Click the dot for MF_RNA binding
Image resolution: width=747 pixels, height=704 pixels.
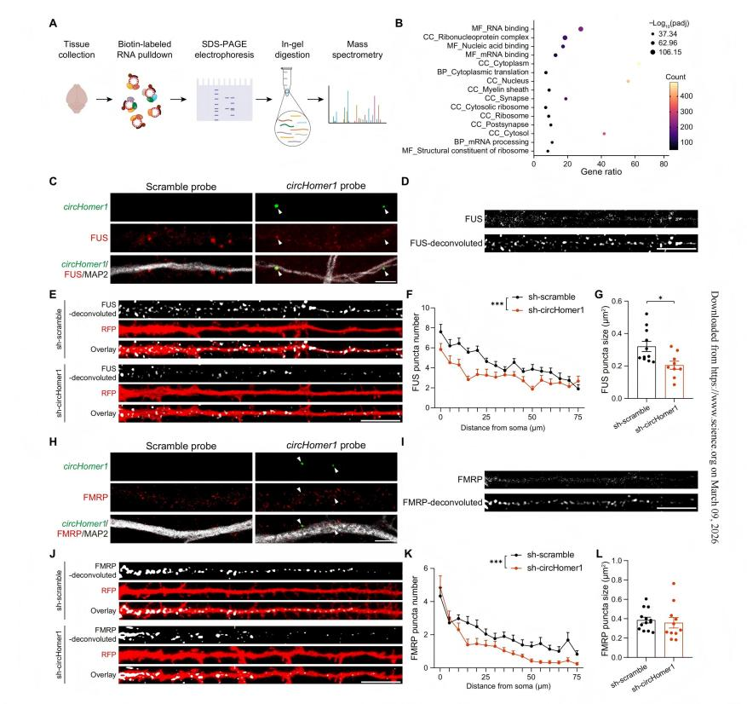click(x=580, y=29)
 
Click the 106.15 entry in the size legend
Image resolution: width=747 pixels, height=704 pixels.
click(x=681, y=52)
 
